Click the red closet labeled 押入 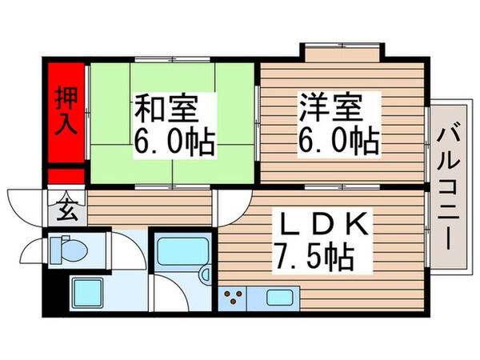click(66, 112)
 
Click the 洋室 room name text click(331, 106)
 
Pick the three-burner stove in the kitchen click(234, 299)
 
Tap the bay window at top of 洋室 click(342, 54)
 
